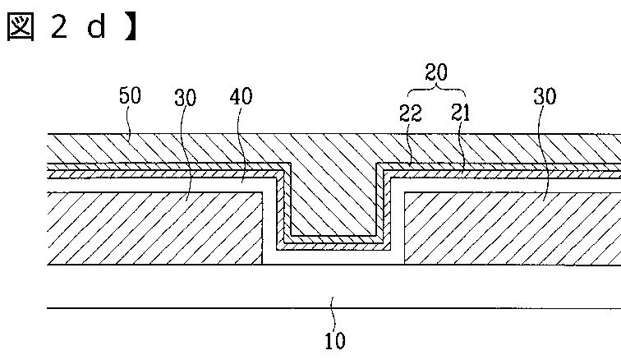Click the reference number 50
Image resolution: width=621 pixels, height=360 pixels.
click(130, 96)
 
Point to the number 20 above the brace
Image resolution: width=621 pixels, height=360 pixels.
click(435, 72)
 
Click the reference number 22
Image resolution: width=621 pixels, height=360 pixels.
click(411, 114)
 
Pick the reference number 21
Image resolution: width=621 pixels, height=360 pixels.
click(460, 114)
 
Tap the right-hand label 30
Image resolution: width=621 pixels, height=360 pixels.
click(545, 97)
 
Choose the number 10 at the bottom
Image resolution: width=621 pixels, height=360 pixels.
click(335, 339)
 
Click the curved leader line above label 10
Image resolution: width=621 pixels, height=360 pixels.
click(333, 317)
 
